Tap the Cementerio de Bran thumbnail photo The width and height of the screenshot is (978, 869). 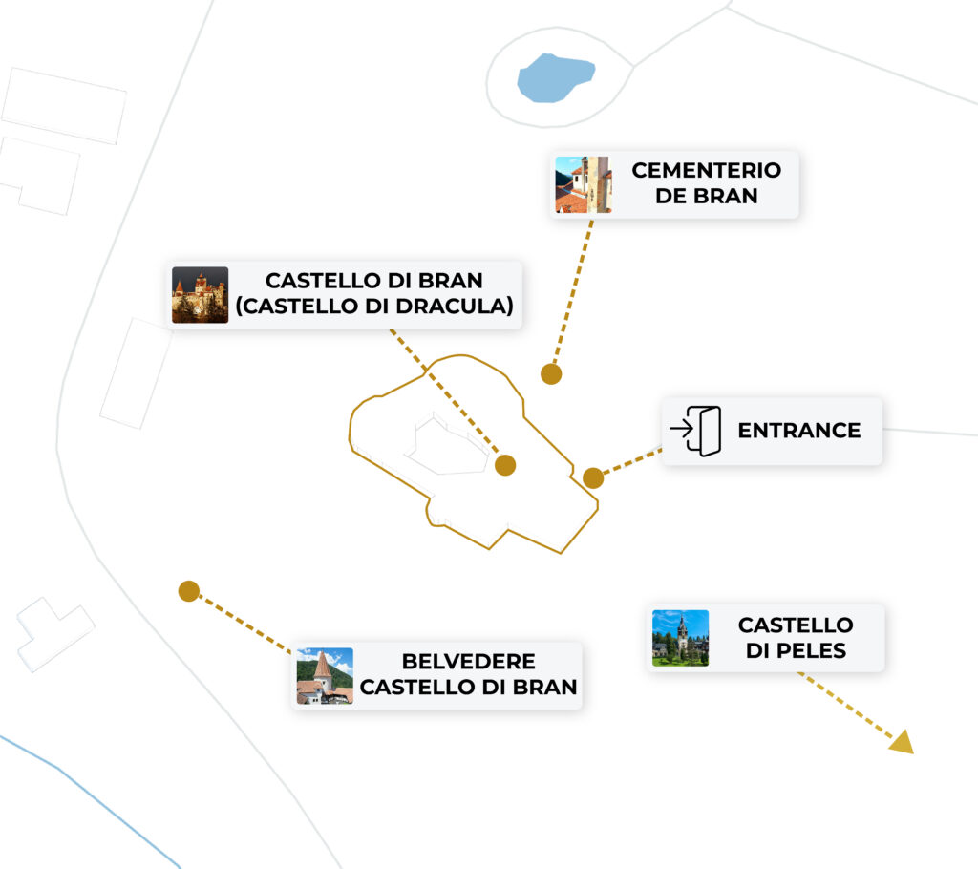click(584, 184)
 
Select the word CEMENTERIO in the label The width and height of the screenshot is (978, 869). click(706, 170)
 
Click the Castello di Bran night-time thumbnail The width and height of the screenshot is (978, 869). click(201, 295)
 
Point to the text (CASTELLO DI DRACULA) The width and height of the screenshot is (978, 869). click(374, 307)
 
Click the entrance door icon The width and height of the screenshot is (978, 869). click(696, 431)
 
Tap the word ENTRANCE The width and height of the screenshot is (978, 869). click(799, 431)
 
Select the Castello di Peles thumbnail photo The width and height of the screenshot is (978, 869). click(680, 638)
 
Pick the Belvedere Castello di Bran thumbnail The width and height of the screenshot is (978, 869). click(325, 676)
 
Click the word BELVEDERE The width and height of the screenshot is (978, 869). click(468, 661)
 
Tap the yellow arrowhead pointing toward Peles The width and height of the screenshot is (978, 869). click(903, 742)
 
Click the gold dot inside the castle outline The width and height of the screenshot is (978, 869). click(505, 465)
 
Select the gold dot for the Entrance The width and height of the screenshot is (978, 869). click(593, 478)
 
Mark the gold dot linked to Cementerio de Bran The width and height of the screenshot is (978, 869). click(551, 374)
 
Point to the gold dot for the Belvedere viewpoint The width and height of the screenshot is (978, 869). click(189, 591)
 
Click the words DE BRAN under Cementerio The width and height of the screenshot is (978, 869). click(706, 196)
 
